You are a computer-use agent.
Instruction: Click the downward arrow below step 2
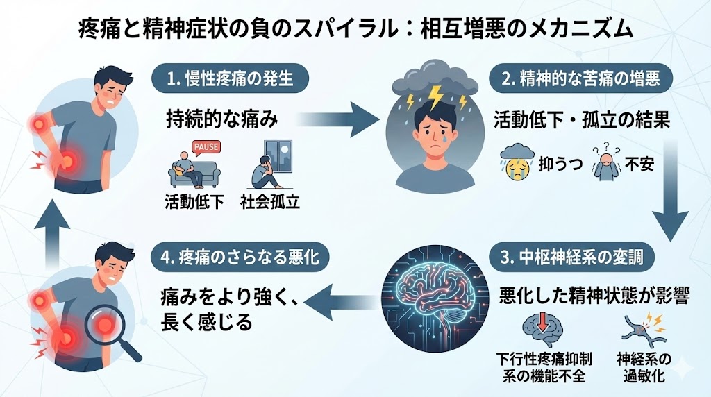point(672,194)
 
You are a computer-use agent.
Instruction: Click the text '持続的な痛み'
point(222,119)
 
